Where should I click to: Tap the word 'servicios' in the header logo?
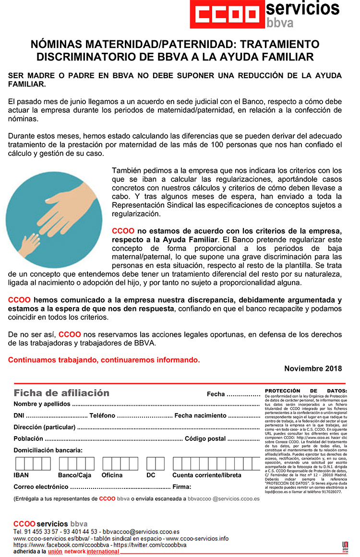pos(302,9)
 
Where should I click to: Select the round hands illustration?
pos(55,219)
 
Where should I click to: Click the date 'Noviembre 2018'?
pos(313,368)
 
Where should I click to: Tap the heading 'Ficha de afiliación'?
pos(61,393)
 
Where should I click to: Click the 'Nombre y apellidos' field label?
pos(42,404)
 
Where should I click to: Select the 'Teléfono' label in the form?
pos(102,415)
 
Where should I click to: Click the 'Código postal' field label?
pos(205,438)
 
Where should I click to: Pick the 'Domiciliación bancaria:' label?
pos(48,450)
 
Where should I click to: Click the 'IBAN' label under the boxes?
pos(21,475)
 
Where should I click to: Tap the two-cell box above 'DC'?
pos(156,463)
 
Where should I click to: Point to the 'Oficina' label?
pos(112,475)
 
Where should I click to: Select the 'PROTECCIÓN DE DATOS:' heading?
pos(305,391)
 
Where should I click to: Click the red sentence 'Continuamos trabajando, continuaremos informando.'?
pos(104,360)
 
